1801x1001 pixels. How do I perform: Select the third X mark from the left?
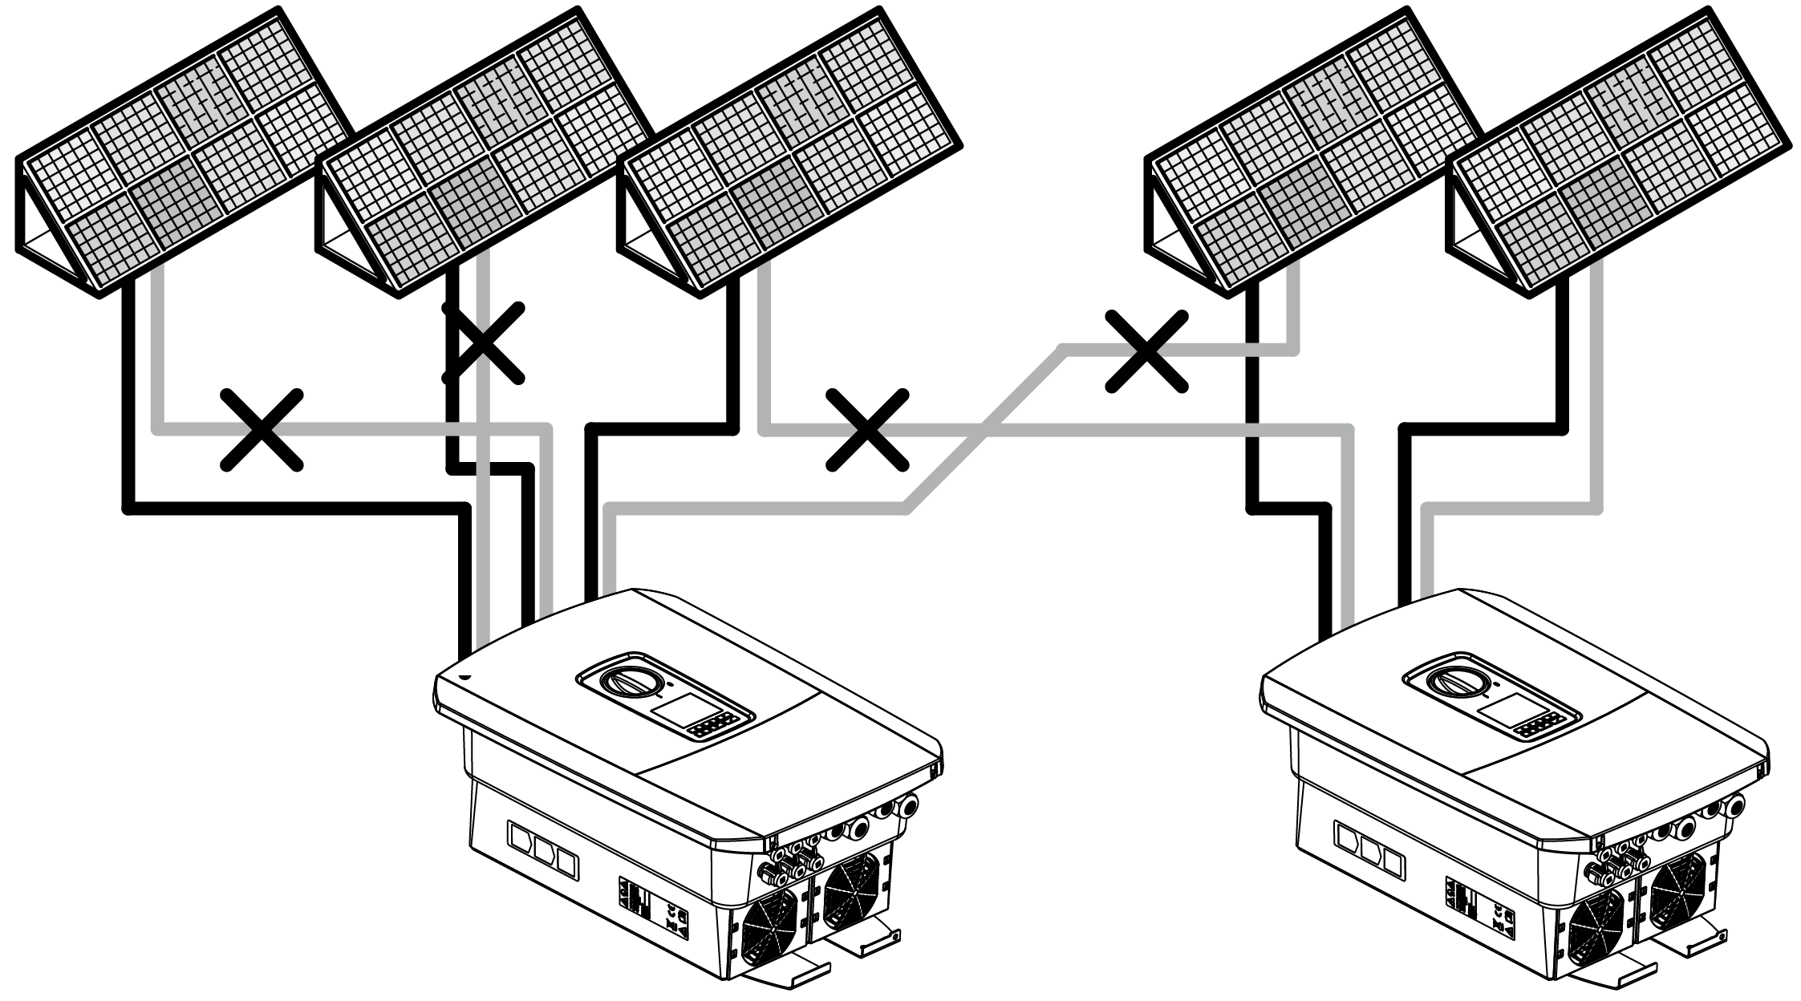[867, 430]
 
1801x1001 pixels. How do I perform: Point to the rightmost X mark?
[1146, 351]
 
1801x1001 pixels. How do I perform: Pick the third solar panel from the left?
[790, 152]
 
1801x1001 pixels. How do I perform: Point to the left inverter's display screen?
[674, 711]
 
